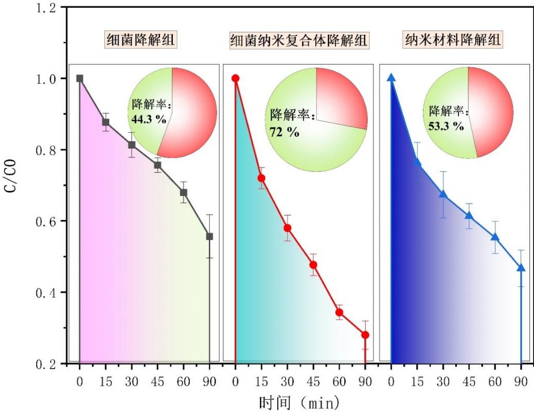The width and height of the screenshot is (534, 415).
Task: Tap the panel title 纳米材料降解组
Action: click(x=454, y=40)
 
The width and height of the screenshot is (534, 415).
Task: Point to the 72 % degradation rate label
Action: click(x=284, y=131)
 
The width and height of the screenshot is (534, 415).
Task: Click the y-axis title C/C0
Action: click(x=11, y=187)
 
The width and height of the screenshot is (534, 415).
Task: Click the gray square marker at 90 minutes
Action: click(x=209, y=237)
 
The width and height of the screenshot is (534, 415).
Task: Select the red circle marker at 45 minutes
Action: click(x=313, y=265)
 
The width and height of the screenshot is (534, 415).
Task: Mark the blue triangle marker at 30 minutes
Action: click(x=443, y=194)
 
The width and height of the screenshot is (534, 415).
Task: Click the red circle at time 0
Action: click(x=236, y=78)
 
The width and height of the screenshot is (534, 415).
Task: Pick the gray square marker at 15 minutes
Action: click(x=105, y=122)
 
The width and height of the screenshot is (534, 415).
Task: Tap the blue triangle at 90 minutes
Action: click(x=521, y=267)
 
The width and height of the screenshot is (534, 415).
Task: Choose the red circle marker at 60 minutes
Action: click(x=339, y=312)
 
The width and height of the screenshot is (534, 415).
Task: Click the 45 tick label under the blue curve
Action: click(x=469, y=382)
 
